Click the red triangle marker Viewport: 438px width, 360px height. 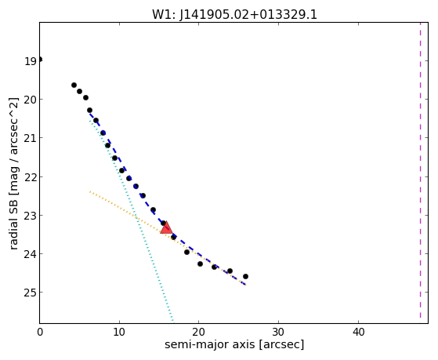pyautogui.click(x=166, y=227)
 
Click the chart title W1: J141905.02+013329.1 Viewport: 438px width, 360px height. pyautogui.click(x=234, y=15)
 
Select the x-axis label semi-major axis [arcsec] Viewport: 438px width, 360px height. pyautogui.click(x=234, y=344)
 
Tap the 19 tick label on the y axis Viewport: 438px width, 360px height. pyautogui.click(x=31, y=61)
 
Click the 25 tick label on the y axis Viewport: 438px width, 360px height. pyautogui.click(x=31, y=293)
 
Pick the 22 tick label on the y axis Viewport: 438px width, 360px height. pyautogui.click(x=31, y=177)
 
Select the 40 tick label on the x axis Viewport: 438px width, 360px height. pyautogui.click(x=358, y=332)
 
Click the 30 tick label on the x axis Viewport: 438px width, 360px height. pyautogui.click(x=278, y=332)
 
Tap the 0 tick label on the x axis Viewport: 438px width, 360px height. pyautogui.click(x=40, y=332)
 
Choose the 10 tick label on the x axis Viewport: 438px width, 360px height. pyautogui.click(x=119, y=332)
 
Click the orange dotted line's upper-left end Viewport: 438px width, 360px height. pyautogui.click(x=90, y=191)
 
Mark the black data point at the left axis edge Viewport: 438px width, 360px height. pyautogui.click(x=40, y=60)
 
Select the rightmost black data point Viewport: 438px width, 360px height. pyautogui.click(x=245, y=276)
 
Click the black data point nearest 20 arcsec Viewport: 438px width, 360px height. pyautogui.click(x=200, y=264)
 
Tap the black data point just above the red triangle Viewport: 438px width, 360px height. pyautogui.click(x=164, y=223)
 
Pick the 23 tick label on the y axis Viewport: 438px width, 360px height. pyautogui.click(x=31, y=216)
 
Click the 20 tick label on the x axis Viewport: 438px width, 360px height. pyautogui.click(x=198, y=332)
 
